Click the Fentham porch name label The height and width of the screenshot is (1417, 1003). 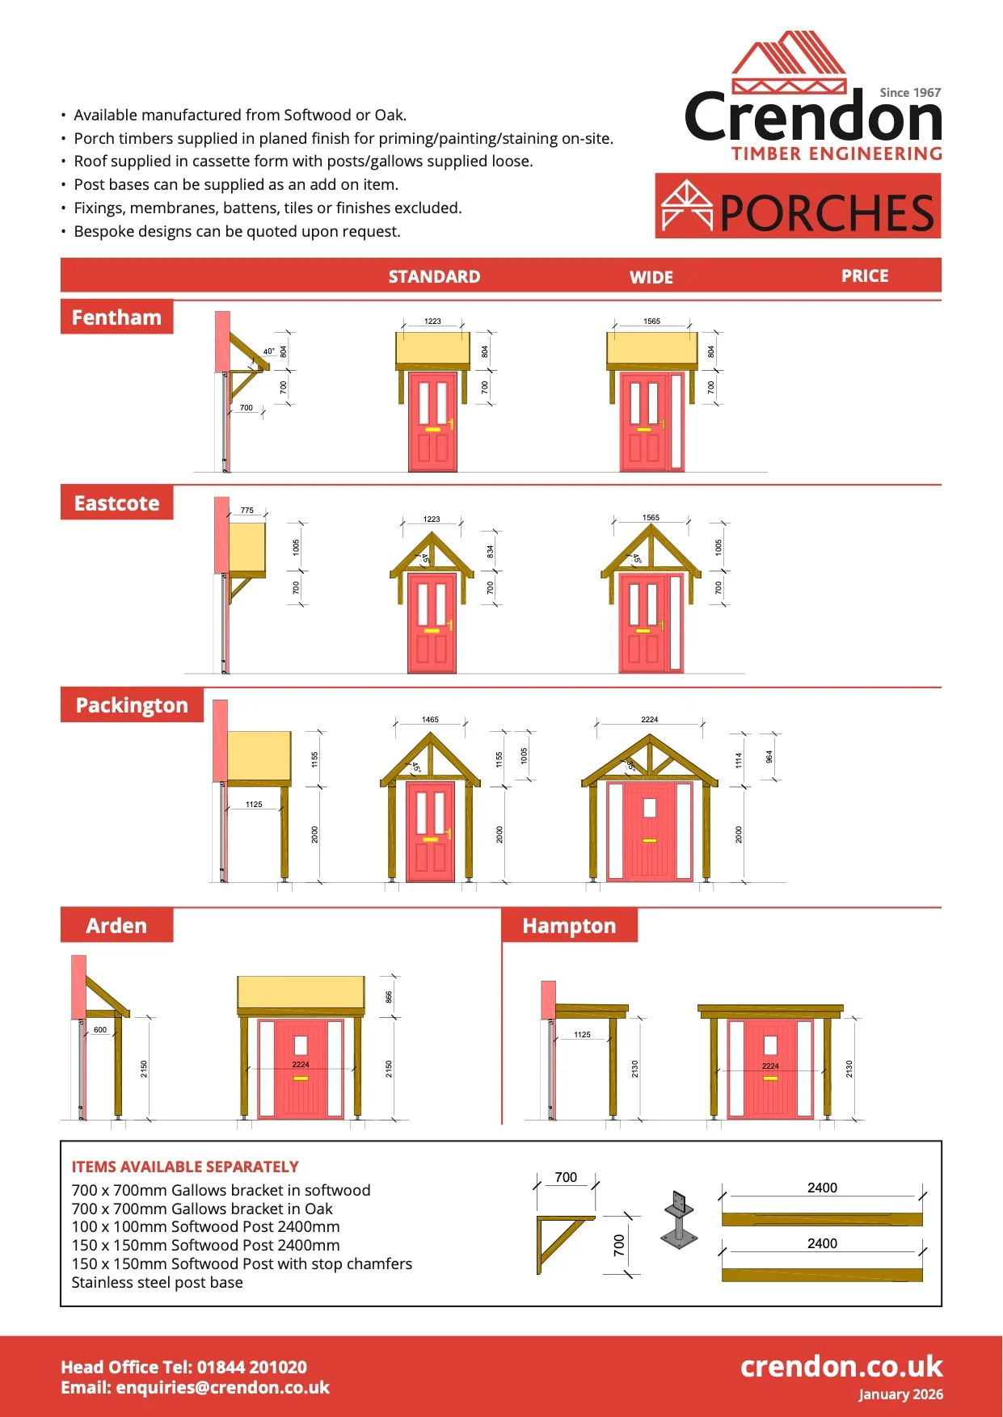[x=116, y=317]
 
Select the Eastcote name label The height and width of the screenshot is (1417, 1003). [x=116, y=503]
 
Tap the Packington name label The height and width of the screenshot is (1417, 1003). [x=132, y=705]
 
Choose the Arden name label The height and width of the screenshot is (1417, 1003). [x=116, y=926]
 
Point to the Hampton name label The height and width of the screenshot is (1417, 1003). [x=569, y=926]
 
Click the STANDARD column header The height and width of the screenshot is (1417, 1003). [x=434, y=277]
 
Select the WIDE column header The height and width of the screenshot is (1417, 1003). [x=651, y=277]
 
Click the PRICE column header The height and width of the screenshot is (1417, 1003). [x=865, y=276]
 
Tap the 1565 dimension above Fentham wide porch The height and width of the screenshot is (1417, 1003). [x=651, y=322]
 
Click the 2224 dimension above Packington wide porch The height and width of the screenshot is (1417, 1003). [x=650, y=719]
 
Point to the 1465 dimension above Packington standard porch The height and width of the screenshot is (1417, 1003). [x=430, y=719]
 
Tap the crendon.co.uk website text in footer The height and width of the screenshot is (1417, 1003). [x=841, y=1366]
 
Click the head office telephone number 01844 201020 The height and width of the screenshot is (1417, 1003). [x=252, y=1367]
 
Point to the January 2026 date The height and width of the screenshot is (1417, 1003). [x=900, y=1394]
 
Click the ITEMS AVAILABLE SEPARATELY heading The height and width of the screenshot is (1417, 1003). [x=185, y=1167]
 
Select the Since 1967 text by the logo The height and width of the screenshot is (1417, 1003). [x=910, y=93]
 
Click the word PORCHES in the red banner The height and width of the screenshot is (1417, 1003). [x=827, y=213]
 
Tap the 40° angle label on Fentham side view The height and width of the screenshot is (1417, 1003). [x=268, y=351]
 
